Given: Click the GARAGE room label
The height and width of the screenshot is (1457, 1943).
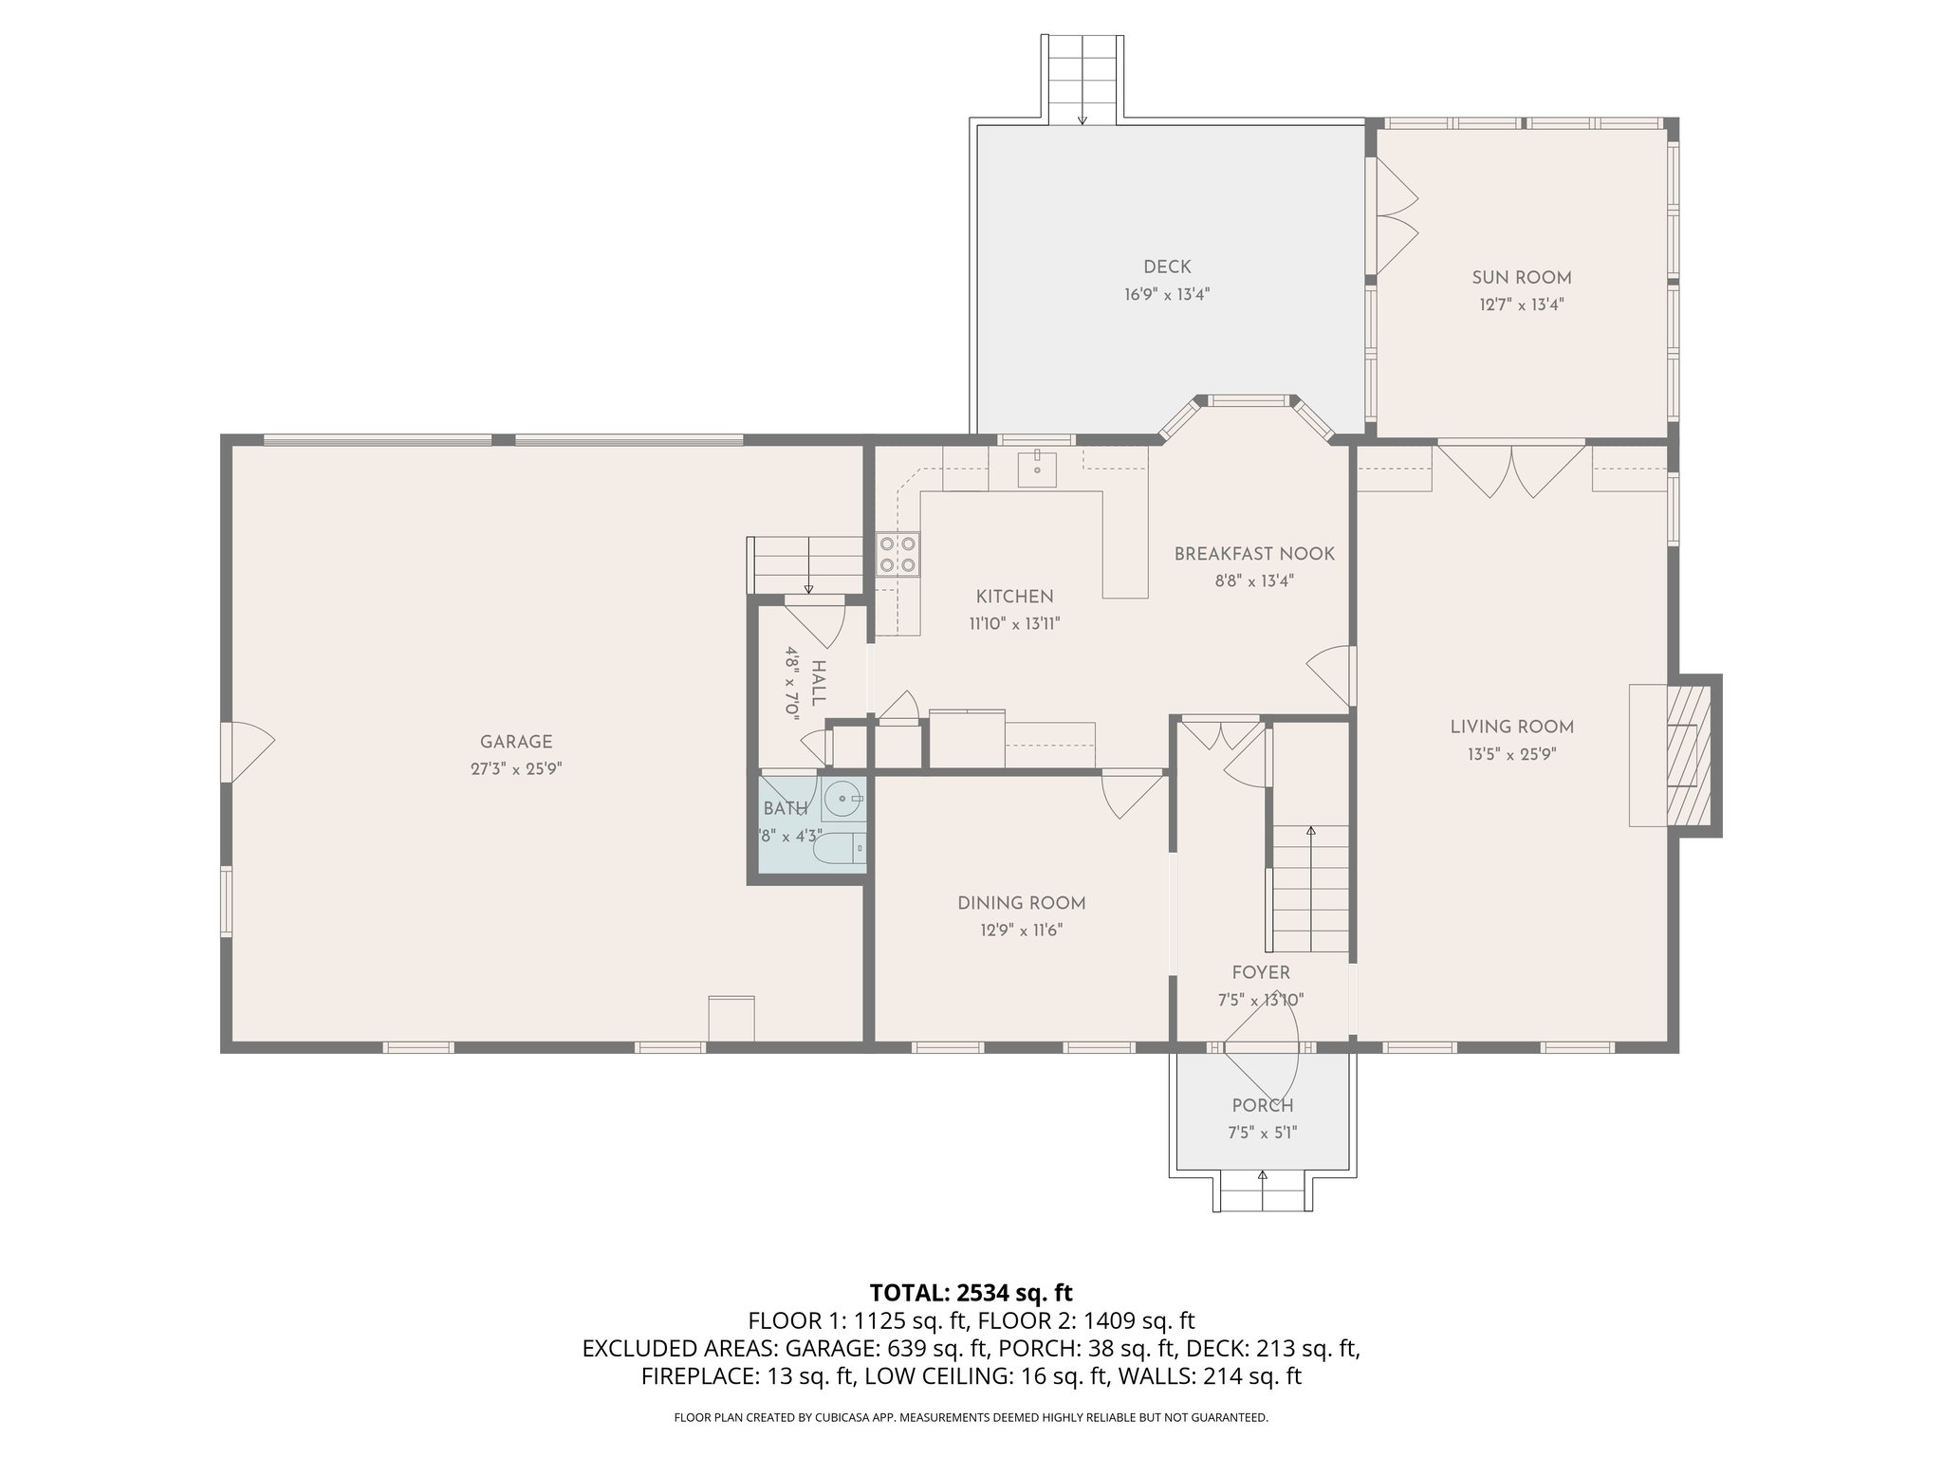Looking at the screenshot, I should click(x=515, y=743).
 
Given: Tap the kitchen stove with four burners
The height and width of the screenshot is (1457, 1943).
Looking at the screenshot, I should click(x=897, y=554).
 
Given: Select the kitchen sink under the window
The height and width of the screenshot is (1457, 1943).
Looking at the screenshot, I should click(x=1037, y=469).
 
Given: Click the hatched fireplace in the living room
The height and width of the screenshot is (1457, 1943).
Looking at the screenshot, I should click(x=1690, y=755).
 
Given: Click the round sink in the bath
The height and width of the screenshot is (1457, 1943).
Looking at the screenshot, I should click(x=842, y=800).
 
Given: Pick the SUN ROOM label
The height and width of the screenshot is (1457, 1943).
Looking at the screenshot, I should click(x=1521, y=278).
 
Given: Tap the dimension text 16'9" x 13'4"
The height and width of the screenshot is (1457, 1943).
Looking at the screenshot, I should click(x=1167, y=294).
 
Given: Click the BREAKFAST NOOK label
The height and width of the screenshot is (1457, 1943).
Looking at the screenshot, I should click(x=1254, y=554).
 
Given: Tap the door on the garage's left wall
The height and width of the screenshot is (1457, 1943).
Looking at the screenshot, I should click(x=247, y=752).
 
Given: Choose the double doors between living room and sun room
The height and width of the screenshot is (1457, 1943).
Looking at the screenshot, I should click(x=1512, y=469).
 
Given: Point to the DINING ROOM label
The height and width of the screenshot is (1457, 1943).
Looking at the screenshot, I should click(x=1021, y=904).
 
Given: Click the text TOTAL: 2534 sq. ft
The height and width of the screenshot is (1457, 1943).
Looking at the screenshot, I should click(x=971, y=1292).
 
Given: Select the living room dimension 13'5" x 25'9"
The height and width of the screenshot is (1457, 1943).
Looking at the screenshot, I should click(x=1511, y=755).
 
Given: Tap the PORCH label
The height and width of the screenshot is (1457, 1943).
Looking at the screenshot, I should click(x=1262, y=1105).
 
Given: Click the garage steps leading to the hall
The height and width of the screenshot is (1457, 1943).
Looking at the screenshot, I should click(x=808, y=563).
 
